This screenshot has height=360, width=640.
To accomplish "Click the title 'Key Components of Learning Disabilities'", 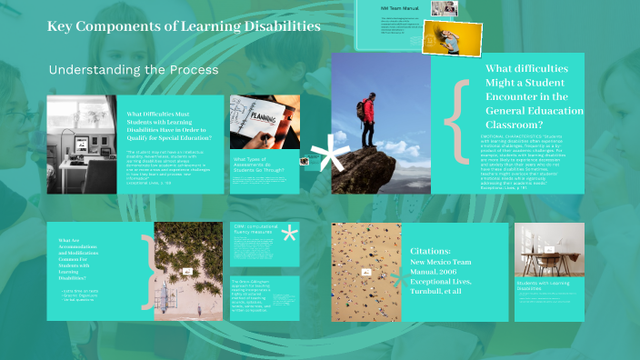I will tap(184, 27).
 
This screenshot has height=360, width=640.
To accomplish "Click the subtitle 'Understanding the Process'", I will tap(133, 70).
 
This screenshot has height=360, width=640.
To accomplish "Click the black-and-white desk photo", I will tap(82, 143).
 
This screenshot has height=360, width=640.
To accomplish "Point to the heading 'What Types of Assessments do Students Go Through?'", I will tap(258, 165).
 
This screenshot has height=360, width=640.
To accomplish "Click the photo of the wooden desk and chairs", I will tap(549, 250).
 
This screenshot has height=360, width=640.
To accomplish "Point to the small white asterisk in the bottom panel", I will tap(290, 235).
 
